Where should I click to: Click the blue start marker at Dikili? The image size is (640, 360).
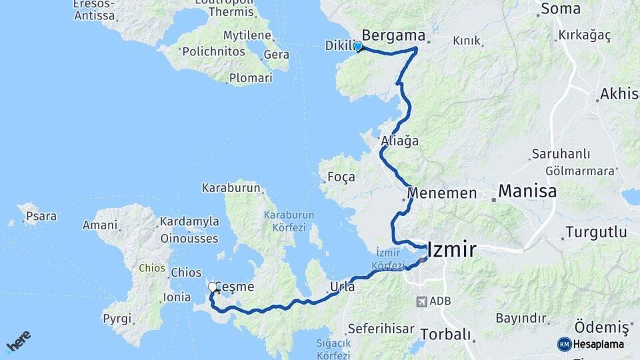(x=358, y=46)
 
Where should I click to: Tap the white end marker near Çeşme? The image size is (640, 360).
(x=213, y=287)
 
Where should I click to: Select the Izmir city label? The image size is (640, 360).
(x=452, y=250)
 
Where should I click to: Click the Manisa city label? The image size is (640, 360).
(x=527, y=192)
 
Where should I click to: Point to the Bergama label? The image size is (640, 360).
(x=393, y=35)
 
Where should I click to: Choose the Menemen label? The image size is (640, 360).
(x=443, y=193)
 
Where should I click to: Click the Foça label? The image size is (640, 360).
(x=341, y=177)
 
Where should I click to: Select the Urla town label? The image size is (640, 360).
(x=342, y=287)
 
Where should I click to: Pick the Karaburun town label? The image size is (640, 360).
(x=231, y=188)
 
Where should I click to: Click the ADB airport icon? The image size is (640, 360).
(x=421, y=301)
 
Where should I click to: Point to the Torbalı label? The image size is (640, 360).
(x=445, y=334)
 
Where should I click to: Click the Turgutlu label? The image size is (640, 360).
(x=596, y=233)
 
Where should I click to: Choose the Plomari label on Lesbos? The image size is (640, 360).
(x=251, y=78)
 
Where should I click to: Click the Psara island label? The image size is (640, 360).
(x=41, y=216)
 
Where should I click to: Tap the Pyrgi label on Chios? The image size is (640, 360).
(x=117, y=318)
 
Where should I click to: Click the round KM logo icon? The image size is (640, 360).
(x=564, y=344)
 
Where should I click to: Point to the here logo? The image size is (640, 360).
(x=18, y=341)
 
